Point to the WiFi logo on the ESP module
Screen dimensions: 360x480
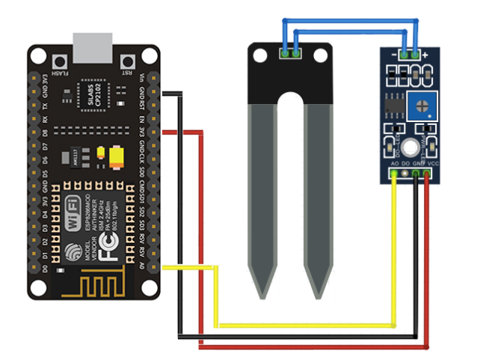tap(74, 204)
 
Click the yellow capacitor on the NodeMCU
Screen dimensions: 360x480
tap(117, 156)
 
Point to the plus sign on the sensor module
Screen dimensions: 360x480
tap(425, 55)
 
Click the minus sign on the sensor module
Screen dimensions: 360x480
tap(394, 55)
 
